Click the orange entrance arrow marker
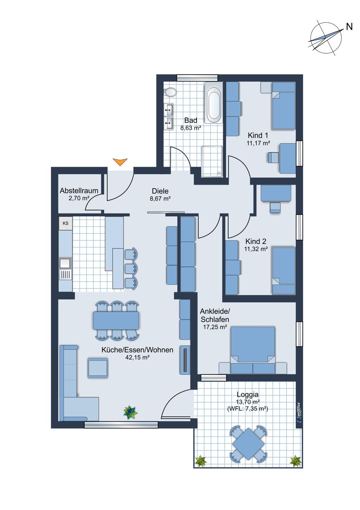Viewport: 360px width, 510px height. [120, 162]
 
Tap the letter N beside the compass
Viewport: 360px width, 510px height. [349, 27]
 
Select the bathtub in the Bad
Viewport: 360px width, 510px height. [214, 103]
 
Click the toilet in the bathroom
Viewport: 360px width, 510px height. [170, 92]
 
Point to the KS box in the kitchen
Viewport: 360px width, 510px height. [66, 223]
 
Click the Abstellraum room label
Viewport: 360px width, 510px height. [79, 190]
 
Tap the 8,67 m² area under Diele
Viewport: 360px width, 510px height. [160, 198]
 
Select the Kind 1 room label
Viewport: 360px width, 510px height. [258, 136]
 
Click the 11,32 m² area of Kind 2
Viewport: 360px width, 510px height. [256, 249]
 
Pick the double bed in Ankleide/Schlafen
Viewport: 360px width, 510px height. [253, 350]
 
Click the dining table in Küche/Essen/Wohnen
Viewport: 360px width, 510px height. [116, 320]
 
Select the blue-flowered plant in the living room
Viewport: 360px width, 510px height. [130, 412]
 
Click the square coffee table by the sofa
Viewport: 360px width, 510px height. [98, 368]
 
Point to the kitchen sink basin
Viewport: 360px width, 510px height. [65, 263]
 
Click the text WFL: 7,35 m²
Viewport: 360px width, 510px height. [248, 409]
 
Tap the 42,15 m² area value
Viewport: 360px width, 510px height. [137, 357]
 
